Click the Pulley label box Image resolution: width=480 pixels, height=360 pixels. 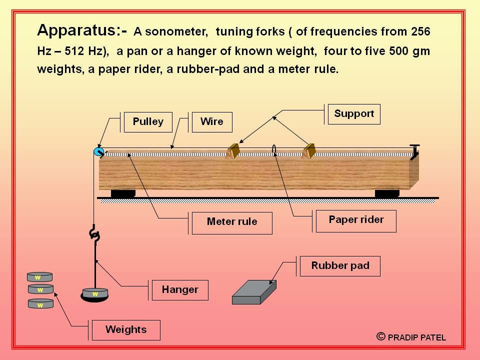click(147, 122)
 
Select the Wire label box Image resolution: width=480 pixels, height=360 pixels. click(211, 122)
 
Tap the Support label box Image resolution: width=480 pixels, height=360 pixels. click(354, 114)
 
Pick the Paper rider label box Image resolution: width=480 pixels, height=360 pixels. click(356, 220)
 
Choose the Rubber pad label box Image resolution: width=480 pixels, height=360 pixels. click(340, 265)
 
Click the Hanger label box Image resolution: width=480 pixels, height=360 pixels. click(180, 290)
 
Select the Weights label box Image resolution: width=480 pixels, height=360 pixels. click(126, 330)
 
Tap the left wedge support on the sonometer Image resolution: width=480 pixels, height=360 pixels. click(233, 150)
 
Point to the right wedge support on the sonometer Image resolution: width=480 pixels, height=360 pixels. click(310, 150)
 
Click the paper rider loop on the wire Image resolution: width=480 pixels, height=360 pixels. click(274, 149)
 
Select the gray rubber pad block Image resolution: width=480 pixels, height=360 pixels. click(254, 292)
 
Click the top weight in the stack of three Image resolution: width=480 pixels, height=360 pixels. click(40, 277)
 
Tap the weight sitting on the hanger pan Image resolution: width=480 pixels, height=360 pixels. click(95, 293)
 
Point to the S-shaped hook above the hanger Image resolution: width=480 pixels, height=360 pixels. click(93, 234)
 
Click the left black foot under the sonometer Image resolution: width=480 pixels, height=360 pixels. click(123, 193)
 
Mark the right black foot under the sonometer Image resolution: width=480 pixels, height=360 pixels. click(387, 193)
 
